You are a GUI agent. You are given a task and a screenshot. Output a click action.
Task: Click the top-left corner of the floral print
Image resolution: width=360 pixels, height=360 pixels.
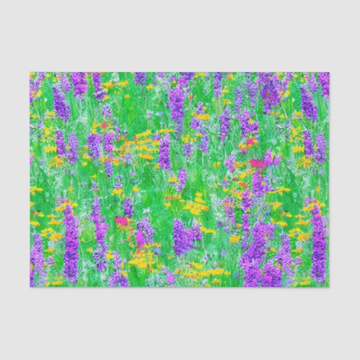(30, 73)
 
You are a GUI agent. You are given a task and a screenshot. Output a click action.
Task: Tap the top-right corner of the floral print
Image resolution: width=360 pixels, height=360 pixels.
(329, 73)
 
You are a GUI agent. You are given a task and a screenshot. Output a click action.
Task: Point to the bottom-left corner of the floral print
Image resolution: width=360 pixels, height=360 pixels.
(30, 287)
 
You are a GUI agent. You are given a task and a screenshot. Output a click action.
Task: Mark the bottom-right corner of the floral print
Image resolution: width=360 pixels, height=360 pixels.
(329, 287)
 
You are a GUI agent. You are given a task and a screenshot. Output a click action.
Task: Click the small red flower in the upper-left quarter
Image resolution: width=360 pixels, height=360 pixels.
(103, 126)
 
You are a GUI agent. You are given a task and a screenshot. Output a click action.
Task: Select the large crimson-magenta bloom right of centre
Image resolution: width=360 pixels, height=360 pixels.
(257, 163)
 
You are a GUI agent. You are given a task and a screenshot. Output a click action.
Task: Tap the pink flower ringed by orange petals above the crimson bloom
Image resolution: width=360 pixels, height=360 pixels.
(248, 143)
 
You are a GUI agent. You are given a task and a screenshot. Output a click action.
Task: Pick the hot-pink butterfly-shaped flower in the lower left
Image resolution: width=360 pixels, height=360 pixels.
(121, 221)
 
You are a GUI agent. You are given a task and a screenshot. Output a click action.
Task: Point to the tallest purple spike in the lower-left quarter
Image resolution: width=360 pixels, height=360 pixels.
(71, 246)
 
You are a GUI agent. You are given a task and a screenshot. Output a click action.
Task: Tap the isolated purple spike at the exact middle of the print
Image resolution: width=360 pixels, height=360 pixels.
(165, 152)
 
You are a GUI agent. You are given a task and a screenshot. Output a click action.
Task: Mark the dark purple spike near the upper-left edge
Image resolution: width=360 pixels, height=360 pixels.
(60, 103)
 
